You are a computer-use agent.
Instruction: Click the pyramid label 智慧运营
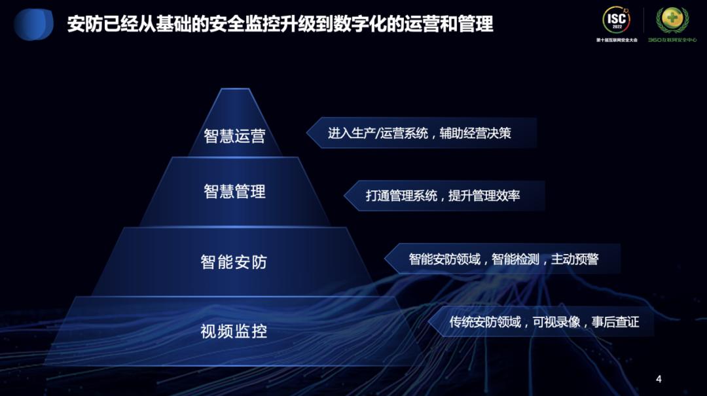pos(234,136)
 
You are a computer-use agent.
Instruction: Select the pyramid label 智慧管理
pos(234,192)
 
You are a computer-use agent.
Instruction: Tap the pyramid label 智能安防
pos(234,262)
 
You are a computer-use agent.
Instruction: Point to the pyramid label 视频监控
pos(234,331)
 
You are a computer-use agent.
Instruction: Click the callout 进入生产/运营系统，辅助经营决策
pos(420,134)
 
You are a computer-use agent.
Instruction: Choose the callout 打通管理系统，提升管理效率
pos(443,196)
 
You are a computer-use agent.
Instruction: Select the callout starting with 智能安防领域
pos(503,259)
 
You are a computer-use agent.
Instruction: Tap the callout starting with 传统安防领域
pos(543,322)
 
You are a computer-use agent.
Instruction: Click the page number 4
pos(659,379)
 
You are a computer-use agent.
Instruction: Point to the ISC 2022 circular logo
pos(617,20)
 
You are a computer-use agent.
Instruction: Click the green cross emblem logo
pos(672,20)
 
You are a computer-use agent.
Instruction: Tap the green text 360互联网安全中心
pos(672,40)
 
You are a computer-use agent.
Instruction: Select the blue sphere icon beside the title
pos(33,25)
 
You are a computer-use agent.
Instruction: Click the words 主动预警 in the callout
pos(575,259)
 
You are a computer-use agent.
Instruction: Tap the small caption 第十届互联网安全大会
pos(617,40)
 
